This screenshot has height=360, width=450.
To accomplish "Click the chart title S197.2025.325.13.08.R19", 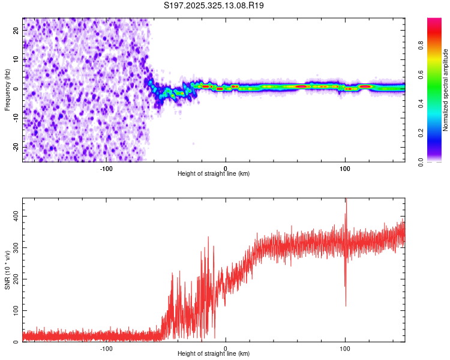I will point(214,5).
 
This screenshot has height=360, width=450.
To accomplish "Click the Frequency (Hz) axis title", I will point(7,90).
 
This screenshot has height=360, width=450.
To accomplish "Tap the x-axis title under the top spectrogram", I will point(214,173).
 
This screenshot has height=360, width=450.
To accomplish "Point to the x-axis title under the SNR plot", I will point(214,353).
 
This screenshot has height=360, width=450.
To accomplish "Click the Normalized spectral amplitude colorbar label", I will point(445,90).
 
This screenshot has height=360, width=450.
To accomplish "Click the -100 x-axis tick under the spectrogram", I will point(106,167).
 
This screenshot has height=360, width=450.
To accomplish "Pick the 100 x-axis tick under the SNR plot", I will point(345,347).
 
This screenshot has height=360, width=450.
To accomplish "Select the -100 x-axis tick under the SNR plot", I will point(106,347).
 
